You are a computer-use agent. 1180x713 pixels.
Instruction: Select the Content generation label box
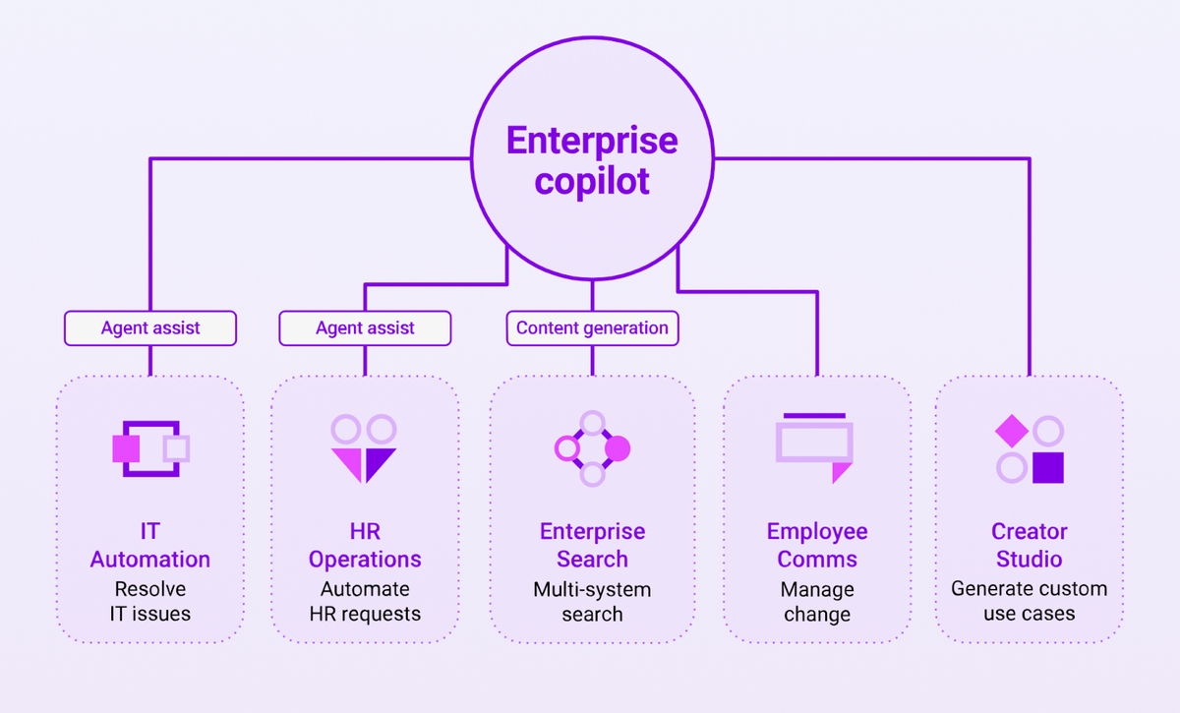592,328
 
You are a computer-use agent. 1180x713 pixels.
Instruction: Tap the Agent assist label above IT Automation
150,328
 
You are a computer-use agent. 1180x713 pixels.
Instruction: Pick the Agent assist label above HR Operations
365,328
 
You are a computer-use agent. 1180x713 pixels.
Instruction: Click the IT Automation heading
150,546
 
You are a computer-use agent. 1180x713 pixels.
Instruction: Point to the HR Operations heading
365,546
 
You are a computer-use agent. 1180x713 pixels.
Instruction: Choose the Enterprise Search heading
592,546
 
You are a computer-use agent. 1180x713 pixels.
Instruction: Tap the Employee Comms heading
817,546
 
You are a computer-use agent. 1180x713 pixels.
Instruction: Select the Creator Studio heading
1029,546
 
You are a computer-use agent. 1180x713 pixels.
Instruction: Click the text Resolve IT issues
150,602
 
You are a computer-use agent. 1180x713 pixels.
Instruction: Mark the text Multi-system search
592,602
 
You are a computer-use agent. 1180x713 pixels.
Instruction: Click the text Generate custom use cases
1029,602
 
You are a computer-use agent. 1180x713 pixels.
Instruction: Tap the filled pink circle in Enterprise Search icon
618,449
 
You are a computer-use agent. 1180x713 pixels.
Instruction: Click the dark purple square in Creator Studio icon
1048,468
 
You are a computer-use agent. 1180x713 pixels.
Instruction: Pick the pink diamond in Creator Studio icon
1011,431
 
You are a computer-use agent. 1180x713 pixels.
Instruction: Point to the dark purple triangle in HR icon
378,461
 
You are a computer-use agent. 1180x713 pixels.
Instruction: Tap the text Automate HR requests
365,602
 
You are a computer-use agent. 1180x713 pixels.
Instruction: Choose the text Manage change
817,602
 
